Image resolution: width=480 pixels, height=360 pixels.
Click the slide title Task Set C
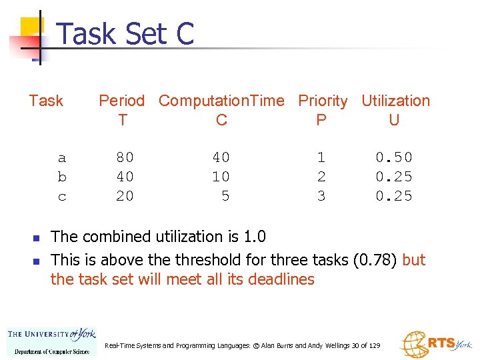point(126,33)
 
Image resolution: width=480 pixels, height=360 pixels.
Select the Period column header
point(121,101)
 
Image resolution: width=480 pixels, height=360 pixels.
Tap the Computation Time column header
point(221,101)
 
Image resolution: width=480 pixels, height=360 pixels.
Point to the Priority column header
point(323,101)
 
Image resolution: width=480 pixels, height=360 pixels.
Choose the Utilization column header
point(395,101)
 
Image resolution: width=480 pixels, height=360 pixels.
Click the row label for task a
point(62,158)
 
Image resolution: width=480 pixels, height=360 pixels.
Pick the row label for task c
point(62,197)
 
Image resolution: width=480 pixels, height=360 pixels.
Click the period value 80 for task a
point(125,158)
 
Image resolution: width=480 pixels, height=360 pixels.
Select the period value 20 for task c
point(125,197)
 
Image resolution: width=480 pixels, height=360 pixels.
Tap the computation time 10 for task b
point(221,177)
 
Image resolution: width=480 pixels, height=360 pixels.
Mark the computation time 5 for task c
point(225,197)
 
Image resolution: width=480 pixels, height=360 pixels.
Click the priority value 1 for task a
point(321,158)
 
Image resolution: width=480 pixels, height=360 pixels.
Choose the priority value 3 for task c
point(321,197)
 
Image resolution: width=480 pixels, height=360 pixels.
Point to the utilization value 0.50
point(393,158)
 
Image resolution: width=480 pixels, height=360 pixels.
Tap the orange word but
point(414,260)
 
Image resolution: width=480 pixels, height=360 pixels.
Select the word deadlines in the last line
point(281,279)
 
